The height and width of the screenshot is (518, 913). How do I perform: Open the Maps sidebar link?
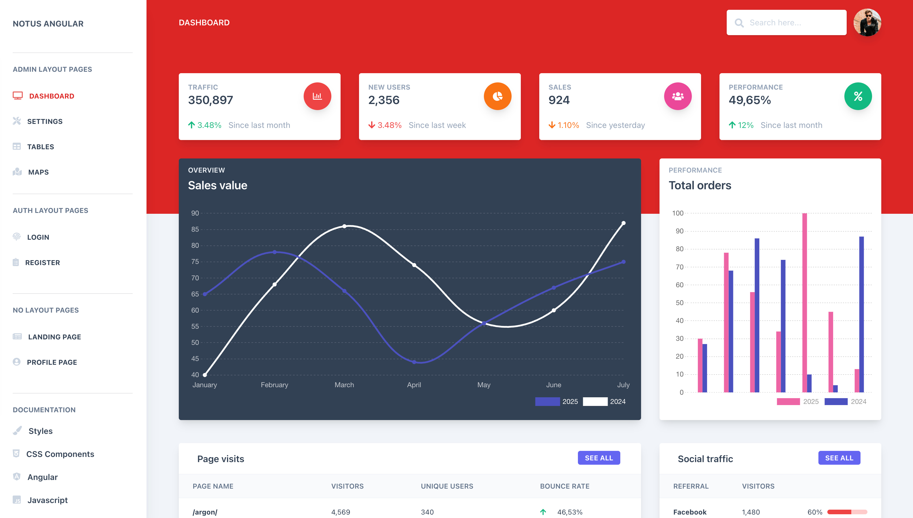(x=38, y=172)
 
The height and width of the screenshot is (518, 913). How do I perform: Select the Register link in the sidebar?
(x=42, y=262)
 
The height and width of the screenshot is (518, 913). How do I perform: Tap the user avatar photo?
(x=867, y=22)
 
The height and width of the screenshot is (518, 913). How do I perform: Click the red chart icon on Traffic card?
(x=317, y=96)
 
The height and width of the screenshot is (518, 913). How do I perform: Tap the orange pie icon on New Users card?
(x=497, y=96)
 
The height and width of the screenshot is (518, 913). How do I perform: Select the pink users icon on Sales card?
(x=677, y=96)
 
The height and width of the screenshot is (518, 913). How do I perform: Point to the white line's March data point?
(x=344, y=226)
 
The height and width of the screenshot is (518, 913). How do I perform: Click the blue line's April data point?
(x=414, y=362)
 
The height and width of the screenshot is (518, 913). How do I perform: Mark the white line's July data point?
(x=623, y=223)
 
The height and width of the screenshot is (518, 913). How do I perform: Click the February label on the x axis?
(x=274, y=385)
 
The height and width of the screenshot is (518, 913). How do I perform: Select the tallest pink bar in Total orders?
(x=804, y=303)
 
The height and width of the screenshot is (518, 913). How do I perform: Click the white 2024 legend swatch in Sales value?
(x=595, y=401)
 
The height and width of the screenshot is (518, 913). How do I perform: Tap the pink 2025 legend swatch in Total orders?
(x=788, y=401)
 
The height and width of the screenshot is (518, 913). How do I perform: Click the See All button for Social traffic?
(x=839, y=458)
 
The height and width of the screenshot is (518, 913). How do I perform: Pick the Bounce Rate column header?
(x=564, y=486)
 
